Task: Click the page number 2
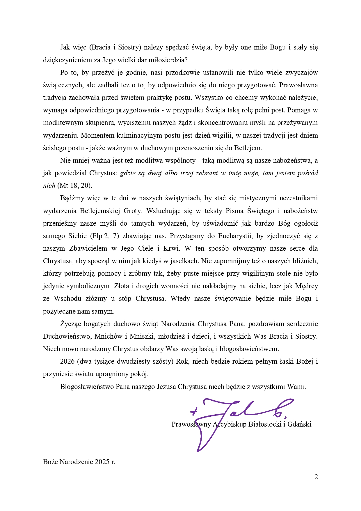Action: [316, 477]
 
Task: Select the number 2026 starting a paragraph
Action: [67, 362]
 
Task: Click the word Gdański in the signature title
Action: [299, 424]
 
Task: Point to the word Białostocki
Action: [265, 424]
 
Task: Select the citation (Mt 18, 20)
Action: [75, 186]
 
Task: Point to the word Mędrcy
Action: [307, 286]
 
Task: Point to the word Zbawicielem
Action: [88, 248]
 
